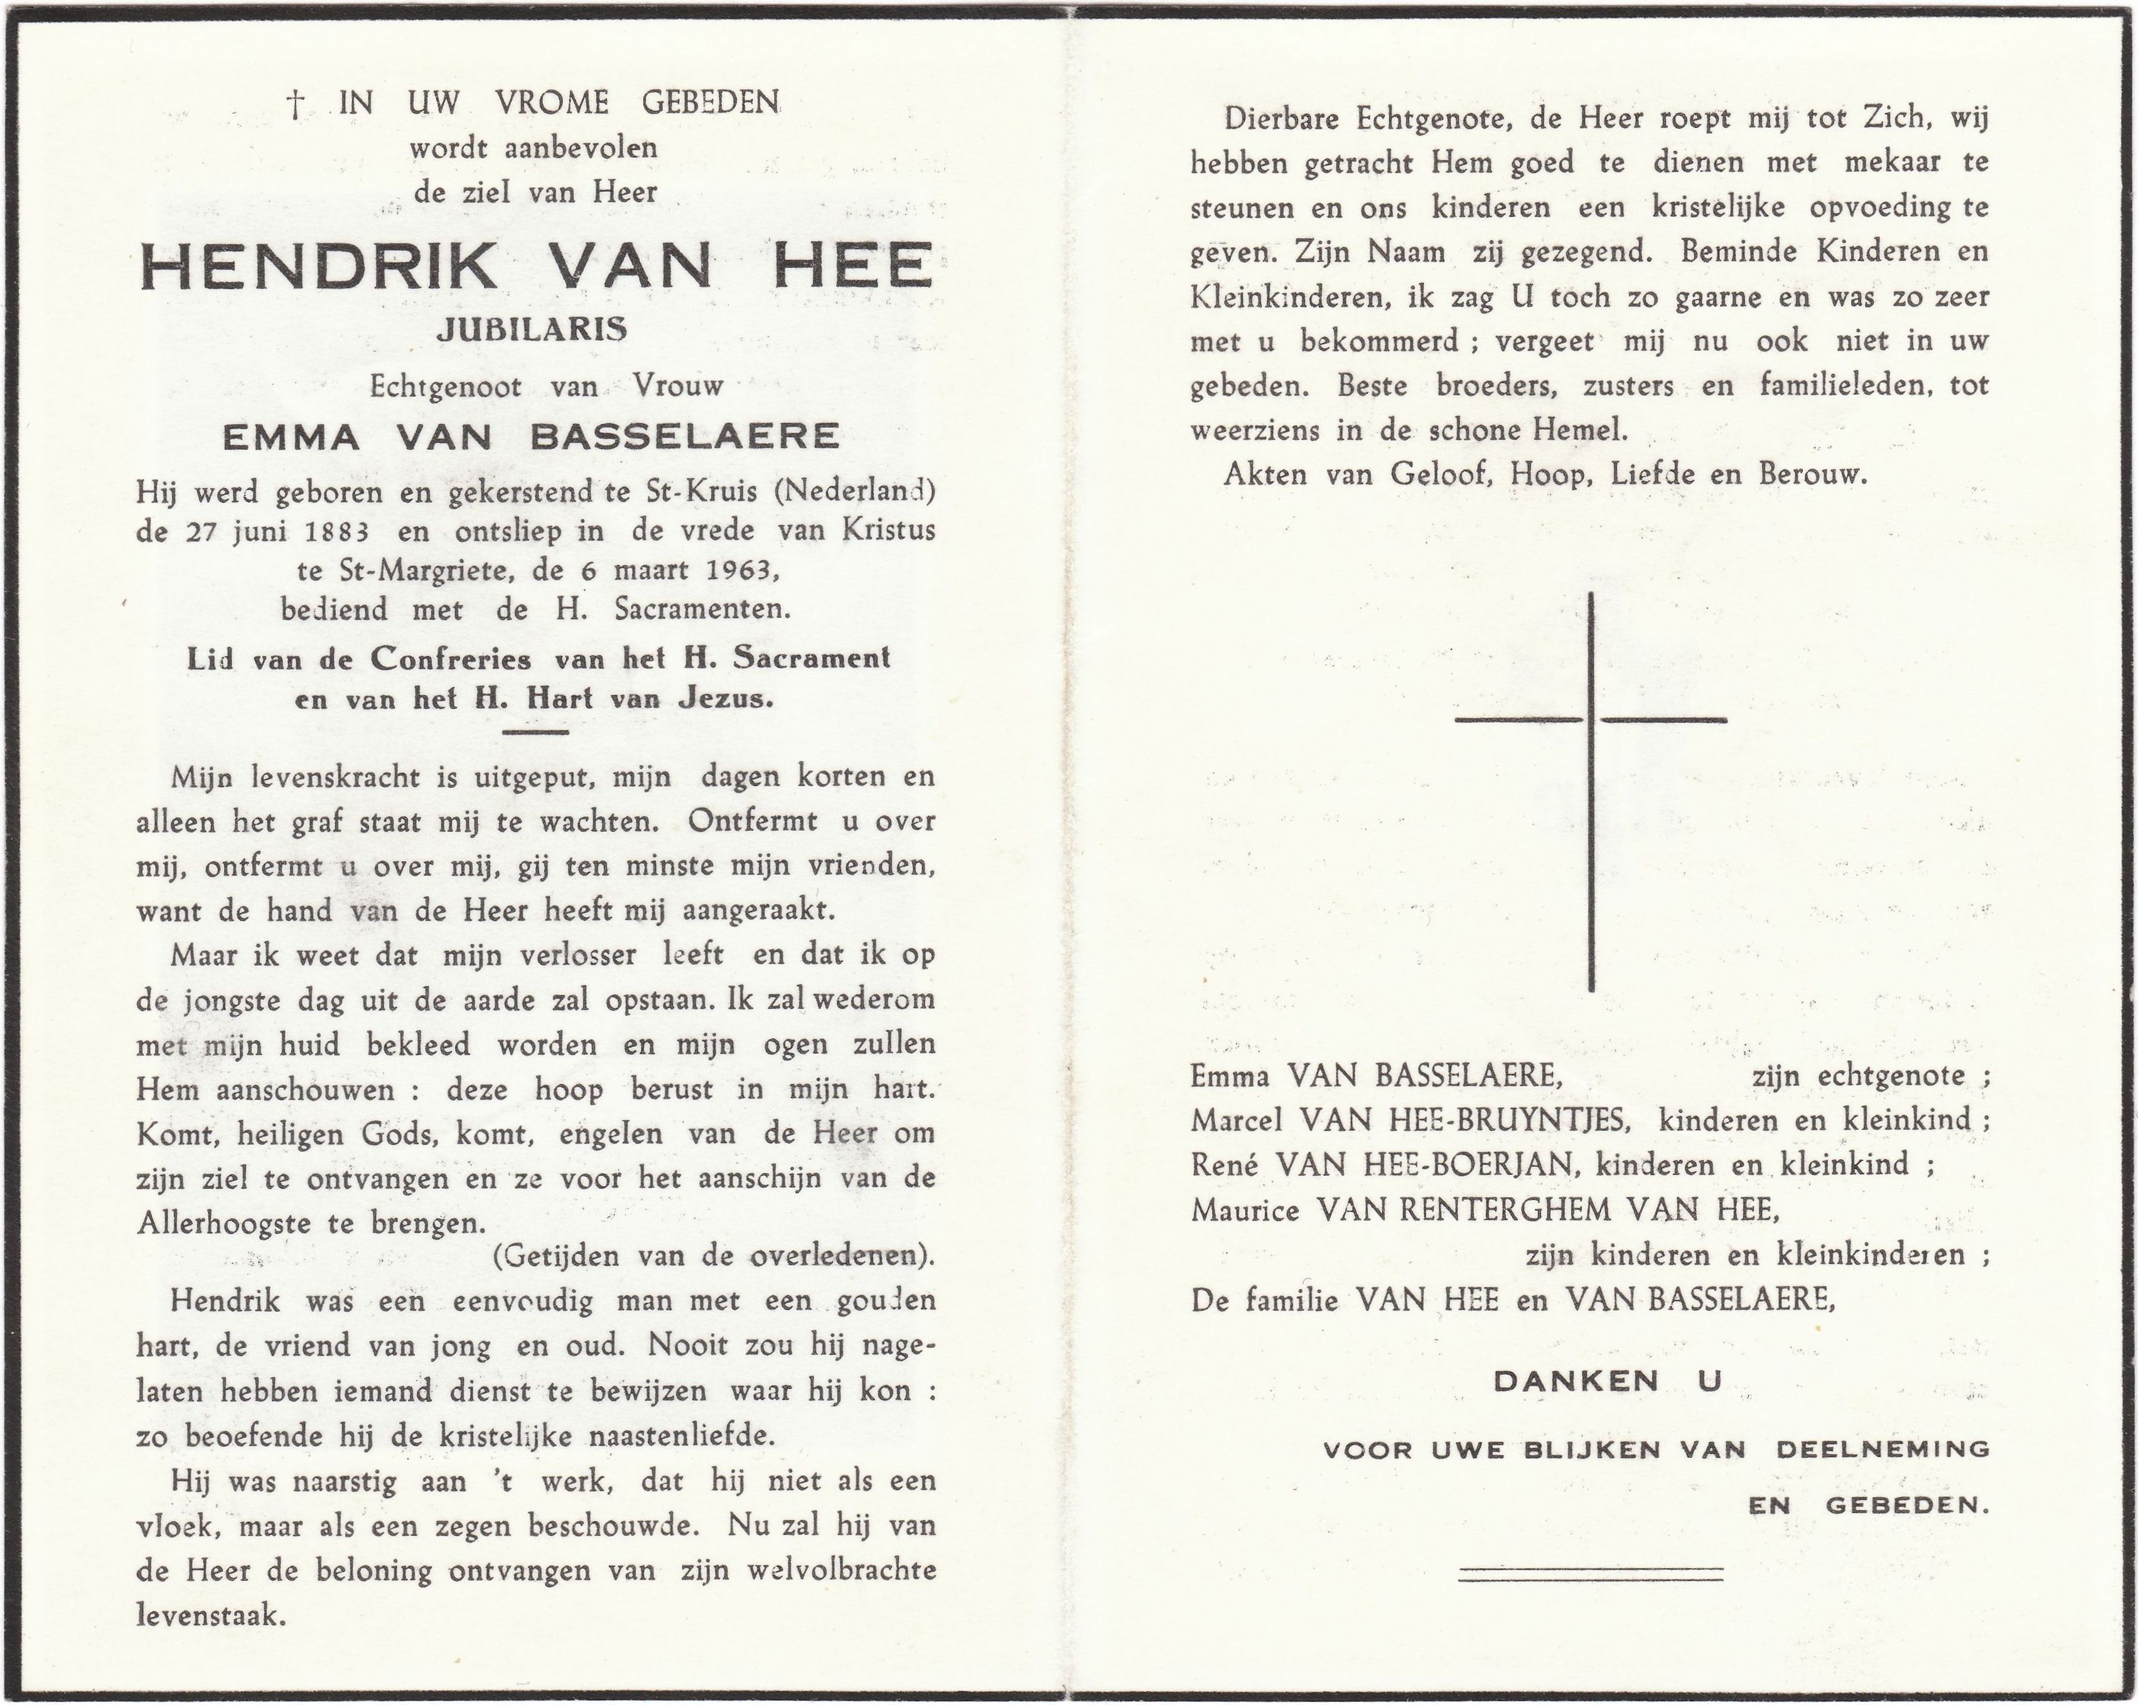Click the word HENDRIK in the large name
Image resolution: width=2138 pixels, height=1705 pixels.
click(318, 266)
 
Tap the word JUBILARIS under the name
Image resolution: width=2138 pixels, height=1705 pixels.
click(532, 330)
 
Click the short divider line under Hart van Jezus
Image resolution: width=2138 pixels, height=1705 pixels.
click(535, 733)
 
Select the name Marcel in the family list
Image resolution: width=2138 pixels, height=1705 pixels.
click(1238, 1120)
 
